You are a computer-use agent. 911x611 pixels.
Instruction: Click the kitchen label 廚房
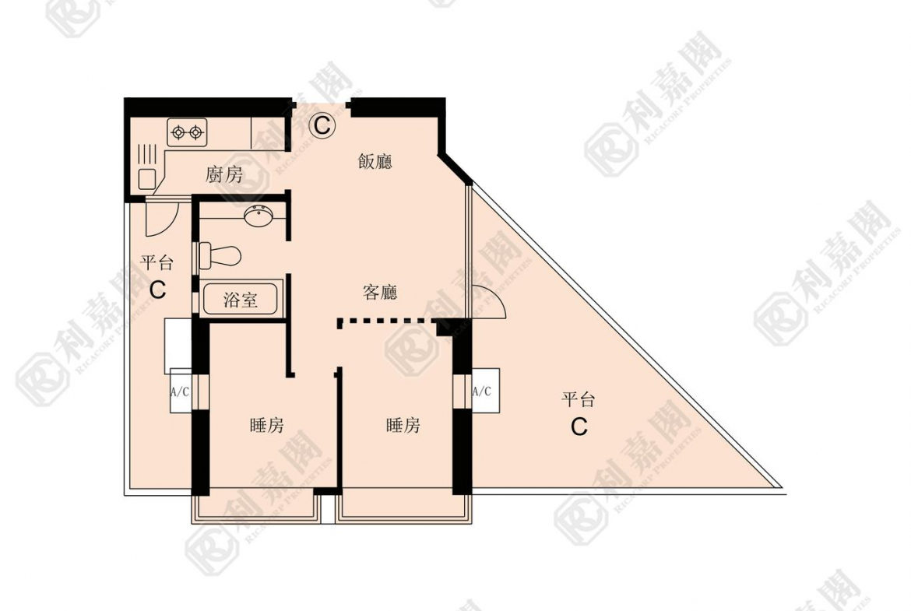point(224,174)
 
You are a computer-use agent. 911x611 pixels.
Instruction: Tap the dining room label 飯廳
point(375,161)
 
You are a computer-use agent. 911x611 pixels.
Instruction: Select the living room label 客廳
point(380,292)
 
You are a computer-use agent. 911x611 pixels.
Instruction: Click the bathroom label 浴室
point(240,299)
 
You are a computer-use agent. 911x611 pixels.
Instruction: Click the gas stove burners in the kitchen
point(188,132)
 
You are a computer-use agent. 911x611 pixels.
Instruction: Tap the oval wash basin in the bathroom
point(258,216)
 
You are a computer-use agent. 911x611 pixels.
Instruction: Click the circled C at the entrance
point(322,124)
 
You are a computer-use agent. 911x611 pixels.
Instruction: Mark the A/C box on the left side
point(180,392)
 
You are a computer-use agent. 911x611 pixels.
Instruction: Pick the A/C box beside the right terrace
point(482,392)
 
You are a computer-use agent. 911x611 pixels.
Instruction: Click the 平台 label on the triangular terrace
point(579,400)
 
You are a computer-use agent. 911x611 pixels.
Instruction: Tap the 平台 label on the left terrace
point(157,262)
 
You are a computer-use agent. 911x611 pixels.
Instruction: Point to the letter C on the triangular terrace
point(579,427)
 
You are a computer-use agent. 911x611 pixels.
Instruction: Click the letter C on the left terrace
point(157,290)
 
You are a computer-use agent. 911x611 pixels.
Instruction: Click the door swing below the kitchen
point(162,219)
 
